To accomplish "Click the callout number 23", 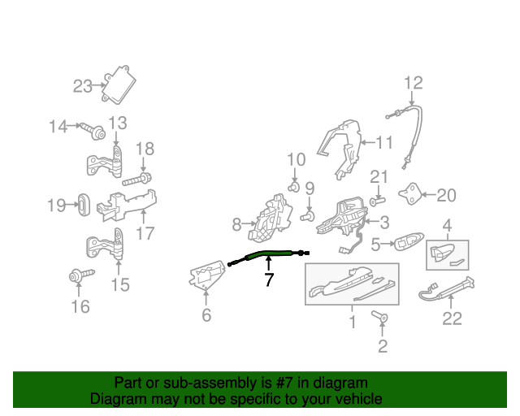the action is pos(82,86).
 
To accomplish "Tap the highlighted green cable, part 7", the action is pos(269,254).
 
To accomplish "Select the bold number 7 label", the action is pos(269,279).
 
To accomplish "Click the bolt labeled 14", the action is pos(92,130).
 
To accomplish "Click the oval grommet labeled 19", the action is pos(84,205).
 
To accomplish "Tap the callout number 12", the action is pos(414,83).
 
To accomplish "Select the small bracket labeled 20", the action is pos(410,193).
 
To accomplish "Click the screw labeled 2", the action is pos(379,316).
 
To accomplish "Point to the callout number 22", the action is pos(452,318).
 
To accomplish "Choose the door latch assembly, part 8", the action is pos(271,218).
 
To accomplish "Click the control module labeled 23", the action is pos(119,84).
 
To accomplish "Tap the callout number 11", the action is pos(384,142).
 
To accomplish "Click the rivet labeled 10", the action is pos(293,187).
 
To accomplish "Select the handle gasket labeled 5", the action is pos(409,241).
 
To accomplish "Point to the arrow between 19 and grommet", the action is pos(72,205).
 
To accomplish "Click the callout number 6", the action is pos(206,314).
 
